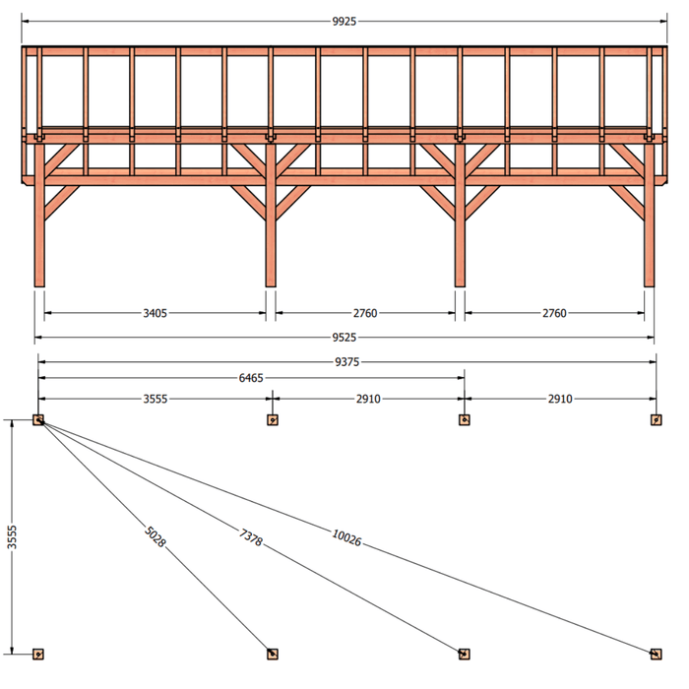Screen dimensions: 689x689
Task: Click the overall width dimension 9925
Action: pyautogui.click(x=344, y=21)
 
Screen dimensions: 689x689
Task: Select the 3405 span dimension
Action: pyautogui.click(x=156, y=313)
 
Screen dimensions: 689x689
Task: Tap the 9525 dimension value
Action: pyautogui.click(x=344, y=338)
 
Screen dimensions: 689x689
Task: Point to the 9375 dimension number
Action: pyautogui.click(x=347, y=362)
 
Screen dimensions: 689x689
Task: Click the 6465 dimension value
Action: pyautogui.click(x=251, y=378)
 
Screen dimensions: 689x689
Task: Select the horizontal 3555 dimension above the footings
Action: pyautogui.click(x=156, y=399)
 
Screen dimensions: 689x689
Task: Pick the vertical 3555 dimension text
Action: pyautogui.click(x=12, y=537)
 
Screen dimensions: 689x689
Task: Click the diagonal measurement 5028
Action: pyautogui.click(x=156, y=537)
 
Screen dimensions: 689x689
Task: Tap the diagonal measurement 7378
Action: pyautogui.click(x=251, y=537)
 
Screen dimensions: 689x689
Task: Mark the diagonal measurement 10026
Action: pyautogui.click(x=346, y=537)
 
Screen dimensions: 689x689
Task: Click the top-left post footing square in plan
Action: pyautogui.click(x=38, y=420)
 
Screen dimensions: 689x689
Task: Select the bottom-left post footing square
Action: pyautogui.click(x=38, y=655)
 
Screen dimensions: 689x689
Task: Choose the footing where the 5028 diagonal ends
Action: pyautogui.click(x=273, y=655)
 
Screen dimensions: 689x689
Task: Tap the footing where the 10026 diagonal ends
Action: pyautogui.click(x=657, y=655)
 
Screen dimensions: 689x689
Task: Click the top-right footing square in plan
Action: pyautogui.click(x=657, y=420)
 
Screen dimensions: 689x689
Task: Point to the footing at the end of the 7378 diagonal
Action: pyautogui.click(x=464, y=655)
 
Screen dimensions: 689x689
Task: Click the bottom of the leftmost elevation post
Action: pyautogui.click(x=39, y=286)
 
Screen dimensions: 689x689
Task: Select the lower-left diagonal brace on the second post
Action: pyautogui.click(x=249, y=202)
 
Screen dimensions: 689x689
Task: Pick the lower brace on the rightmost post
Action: pyautogui.click(x=627, y=202)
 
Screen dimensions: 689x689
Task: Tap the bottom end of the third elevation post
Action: pyautogui.click(x=460, y=286)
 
